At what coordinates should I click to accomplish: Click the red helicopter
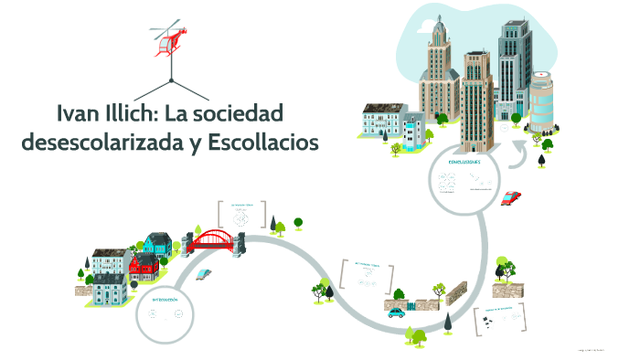[170, 40]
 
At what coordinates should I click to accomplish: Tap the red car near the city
[511, 196]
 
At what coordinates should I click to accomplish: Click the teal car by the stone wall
[396, 312]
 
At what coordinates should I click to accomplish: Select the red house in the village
[144, 267]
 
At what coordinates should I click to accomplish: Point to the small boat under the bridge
[207, 272]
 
